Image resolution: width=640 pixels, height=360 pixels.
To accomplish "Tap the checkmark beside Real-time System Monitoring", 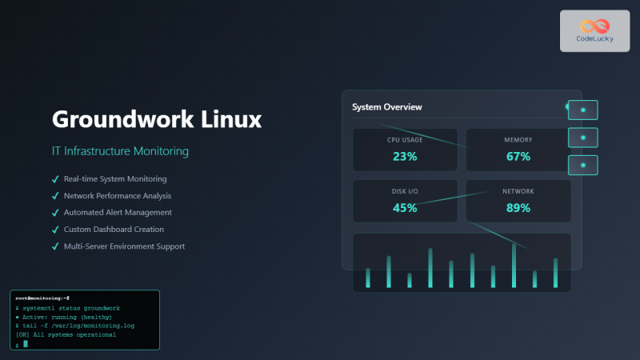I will [x=55, y=178].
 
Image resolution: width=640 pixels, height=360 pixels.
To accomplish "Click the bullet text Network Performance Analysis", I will [x=118, y=195].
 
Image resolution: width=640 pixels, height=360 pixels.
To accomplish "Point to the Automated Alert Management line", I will [x=118, y=212].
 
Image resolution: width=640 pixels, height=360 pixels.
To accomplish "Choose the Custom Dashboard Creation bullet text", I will [x=114, y=229].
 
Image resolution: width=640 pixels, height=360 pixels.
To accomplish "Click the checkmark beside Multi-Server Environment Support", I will [x=55, y=246].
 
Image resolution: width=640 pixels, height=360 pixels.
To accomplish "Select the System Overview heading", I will [x=387, y=106].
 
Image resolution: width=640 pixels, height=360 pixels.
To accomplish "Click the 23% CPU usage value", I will [x=405, y=156].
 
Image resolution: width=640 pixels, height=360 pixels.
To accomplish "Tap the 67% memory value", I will [x=518, y=156].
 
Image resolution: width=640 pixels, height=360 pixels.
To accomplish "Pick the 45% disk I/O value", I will [x=405, y=207].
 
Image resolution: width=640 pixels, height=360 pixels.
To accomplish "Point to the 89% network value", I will [x=518, y=207].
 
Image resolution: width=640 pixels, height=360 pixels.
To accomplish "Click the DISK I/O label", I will [x=405, y=192].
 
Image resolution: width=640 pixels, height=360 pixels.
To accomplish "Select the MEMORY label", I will [x=518, y=140].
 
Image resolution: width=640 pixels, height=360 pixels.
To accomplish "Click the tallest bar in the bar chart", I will [x=514, y=264].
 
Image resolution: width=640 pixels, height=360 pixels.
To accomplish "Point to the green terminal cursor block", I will [x=26, y=343].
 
